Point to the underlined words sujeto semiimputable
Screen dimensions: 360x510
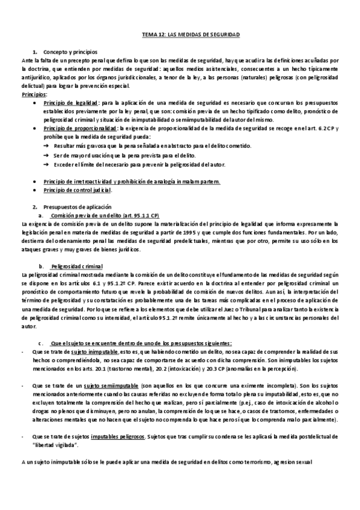coord(103,385)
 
